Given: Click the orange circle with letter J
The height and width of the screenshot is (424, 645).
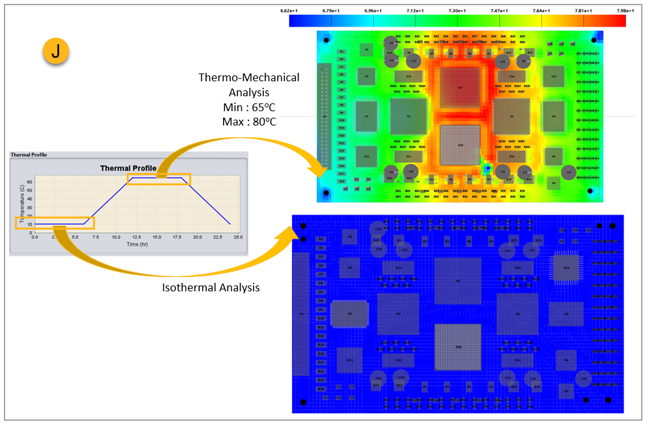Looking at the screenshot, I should coord(55,53).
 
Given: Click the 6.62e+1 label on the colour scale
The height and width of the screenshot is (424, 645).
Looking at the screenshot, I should coord(289,10).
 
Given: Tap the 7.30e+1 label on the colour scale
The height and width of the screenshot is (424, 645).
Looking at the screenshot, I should coord(458,10).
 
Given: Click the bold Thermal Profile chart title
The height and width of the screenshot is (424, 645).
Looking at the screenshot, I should coord(128,168).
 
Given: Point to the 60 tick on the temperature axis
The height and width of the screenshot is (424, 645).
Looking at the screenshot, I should coord(29,183).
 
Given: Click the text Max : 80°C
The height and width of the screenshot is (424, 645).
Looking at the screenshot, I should coord(250,122).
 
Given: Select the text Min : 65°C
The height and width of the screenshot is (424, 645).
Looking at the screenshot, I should coord(250,107).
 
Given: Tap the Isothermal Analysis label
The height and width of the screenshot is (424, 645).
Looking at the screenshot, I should coord(211,287).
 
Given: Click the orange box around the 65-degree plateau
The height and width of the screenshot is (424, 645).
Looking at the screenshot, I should coord(159,179).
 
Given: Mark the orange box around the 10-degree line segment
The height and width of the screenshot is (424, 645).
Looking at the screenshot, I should coord(55,223).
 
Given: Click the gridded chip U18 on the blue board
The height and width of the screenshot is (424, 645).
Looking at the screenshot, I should coord(458,348).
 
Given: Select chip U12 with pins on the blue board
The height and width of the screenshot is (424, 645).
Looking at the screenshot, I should coord(566,267).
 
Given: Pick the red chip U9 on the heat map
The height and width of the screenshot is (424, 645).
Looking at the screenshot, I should coord(461,87).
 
